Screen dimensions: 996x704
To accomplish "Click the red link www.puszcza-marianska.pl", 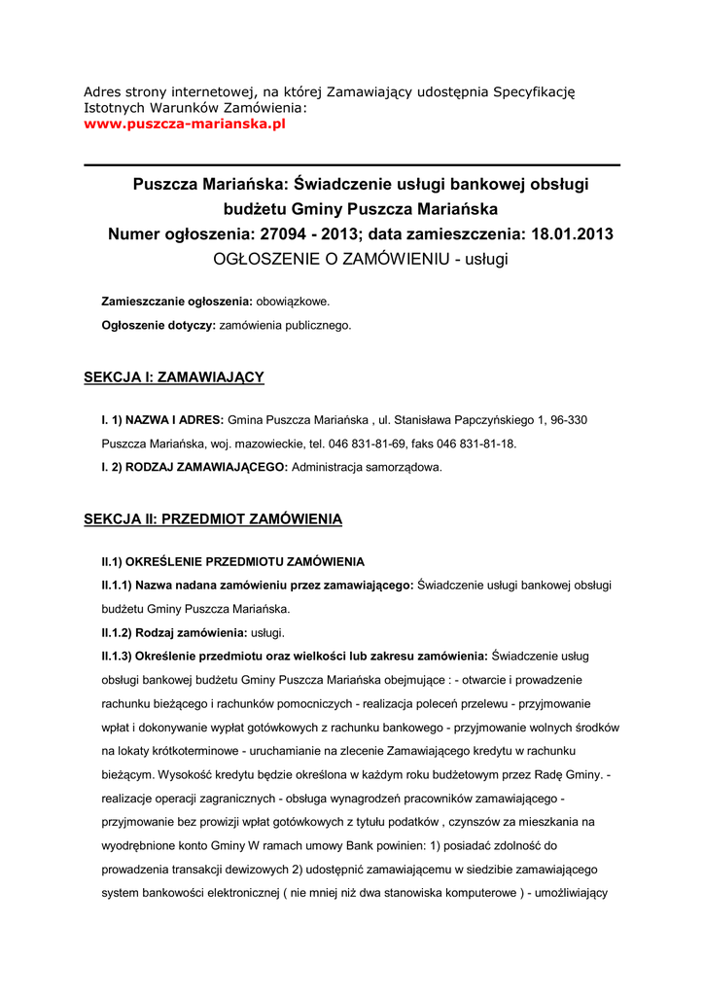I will tap(185, 124).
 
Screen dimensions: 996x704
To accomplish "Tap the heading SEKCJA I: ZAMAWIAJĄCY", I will tap(174, 376).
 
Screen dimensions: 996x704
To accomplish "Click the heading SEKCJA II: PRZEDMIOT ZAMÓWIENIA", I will tap(213, 519).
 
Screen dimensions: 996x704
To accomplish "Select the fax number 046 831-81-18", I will tap(476, 444).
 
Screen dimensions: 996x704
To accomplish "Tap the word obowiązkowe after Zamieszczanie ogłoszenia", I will tap(293, 302).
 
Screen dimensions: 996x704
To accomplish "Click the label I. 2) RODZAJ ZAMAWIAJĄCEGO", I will tap(194, 467).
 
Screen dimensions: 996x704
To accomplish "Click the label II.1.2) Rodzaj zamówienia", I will tap(160, 632).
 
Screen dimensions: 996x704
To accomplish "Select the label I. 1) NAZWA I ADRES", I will tap(162, 419).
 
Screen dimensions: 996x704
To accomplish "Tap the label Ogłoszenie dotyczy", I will tap(158, 326).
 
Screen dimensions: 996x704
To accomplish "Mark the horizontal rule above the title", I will tap(352, 165).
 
